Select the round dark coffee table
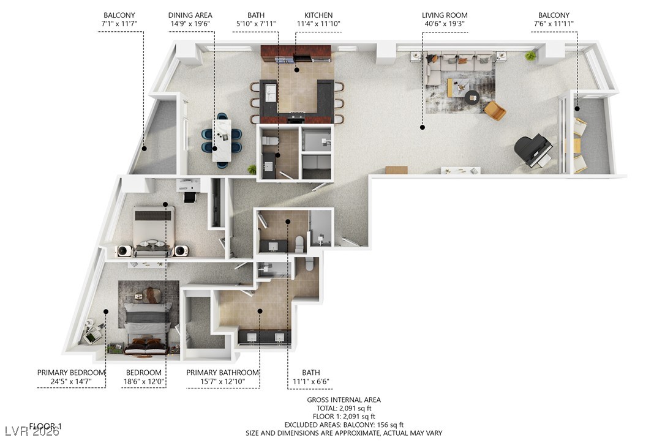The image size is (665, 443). point(472,97)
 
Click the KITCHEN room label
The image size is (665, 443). point(318,15)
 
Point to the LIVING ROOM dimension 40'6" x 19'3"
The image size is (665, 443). point(445,24)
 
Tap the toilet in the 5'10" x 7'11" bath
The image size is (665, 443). point(266,141)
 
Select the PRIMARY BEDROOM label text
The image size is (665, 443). point(71,373)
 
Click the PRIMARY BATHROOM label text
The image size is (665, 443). point(222,373)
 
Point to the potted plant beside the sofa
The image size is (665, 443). point(530,56)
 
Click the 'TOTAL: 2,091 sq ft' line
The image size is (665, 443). point(344,408)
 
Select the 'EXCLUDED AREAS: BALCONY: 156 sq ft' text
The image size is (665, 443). point(344,425)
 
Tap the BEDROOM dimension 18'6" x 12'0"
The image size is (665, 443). point(144,381)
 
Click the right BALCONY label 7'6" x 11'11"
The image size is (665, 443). point(554,24)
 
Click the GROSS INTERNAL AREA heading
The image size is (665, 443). point(344,400)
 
